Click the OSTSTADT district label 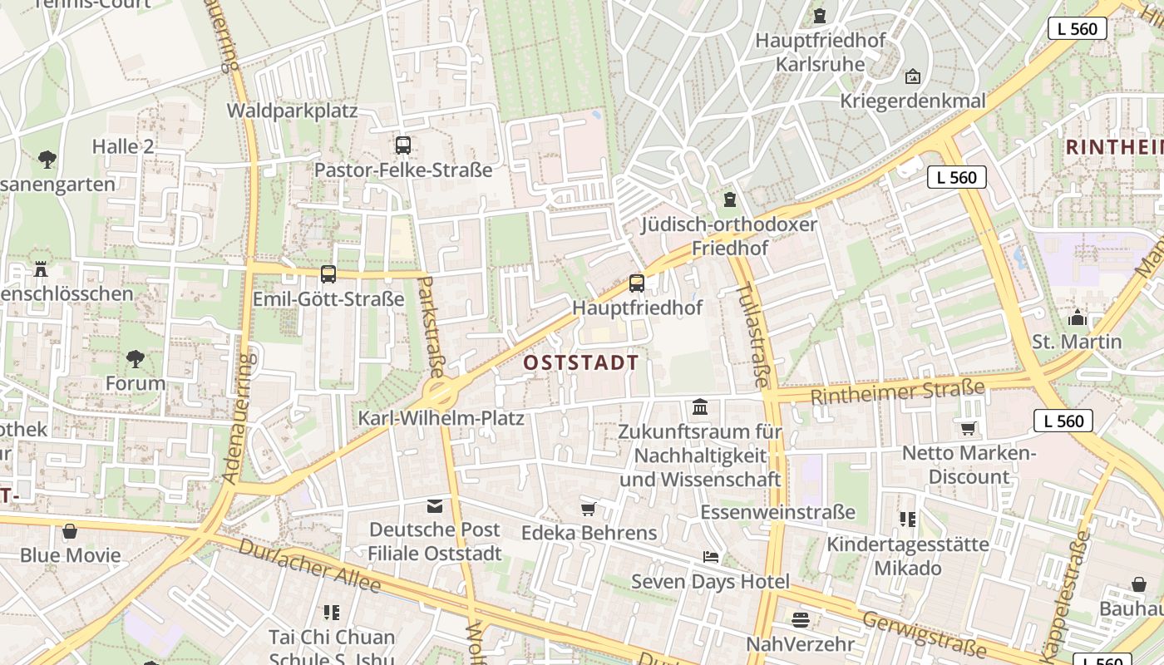pos(581,362)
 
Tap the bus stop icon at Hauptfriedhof pos(637,283)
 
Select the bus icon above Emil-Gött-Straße pos(328,274)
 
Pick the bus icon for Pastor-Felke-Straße pos(403,145)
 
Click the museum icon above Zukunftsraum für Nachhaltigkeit pos(700,407)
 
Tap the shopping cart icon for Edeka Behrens pos(589,509)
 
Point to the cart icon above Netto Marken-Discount pos(969,429)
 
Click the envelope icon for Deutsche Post pos(435,506)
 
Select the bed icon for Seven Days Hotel pos(711,557)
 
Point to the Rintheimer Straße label pos(897,391)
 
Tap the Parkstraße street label pos(431,327)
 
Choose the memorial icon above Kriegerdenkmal pos(913,76)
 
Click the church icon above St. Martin pos(1078,318)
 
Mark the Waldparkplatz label pos(292,111)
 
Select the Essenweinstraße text pos(777,511)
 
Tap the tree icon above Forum pos(136,359)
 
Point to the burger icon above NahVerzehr pos(801,620)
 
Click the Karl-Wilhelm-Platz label pos(441,417)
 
